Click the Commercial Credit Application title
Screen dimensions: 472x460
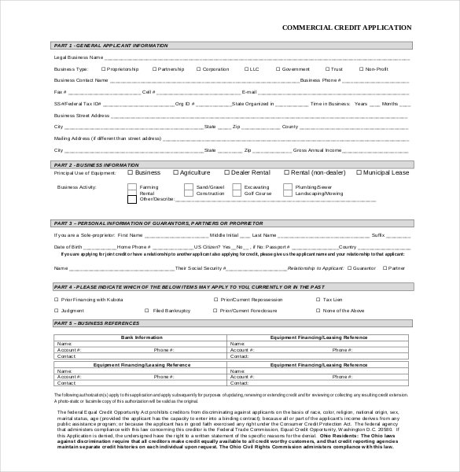click(347, 28)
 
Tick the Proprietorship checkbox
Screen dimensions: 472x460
click(103, 68)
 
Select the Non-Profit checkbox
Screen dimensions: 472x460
click(361, 68)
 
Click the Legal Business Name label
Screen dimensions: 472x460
click(78, 57)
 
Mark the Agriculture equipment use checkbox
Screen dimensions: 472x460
click(175, 172)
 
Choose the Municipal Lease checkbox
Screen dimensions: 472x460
click(359, 172)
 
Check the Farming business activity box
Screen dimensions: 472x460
click(131, 187)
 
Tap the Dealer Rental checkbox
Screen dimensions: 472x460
click(227, 172)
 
